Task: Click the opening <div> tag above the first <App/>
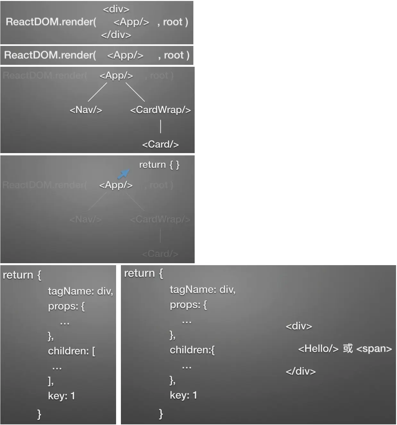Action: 116,9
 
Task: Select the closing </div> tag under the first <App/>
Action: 116,35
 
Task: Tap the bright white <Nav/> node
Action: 86,110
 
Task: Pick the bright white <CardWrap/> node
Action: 160,110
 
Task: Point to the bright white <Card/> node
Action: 160,144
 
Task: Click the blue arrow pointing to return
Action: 123,174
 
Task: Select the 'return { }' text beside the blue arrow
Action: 159,165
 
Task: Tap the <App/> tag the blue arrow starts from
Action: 116,185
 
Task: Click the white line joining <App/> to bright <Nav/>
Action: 97,92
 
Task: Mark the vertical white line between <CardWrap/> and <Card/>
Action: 161,126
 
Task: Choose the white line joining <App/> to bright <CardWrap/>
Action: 135,92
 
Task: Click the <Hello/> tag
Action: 318,349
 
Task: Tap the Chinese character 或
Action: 348,348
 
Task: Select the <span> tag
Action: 374,349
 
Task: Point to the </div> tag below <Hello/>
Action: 300,371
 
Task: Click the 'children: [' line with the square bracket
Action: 72,351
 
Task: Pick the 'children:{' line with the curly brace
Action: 192,350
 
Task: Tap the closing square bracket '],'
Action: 51,381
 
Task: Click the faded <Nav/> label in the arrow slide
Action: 86,220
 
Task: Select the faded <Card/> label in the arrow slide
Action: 160,254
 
